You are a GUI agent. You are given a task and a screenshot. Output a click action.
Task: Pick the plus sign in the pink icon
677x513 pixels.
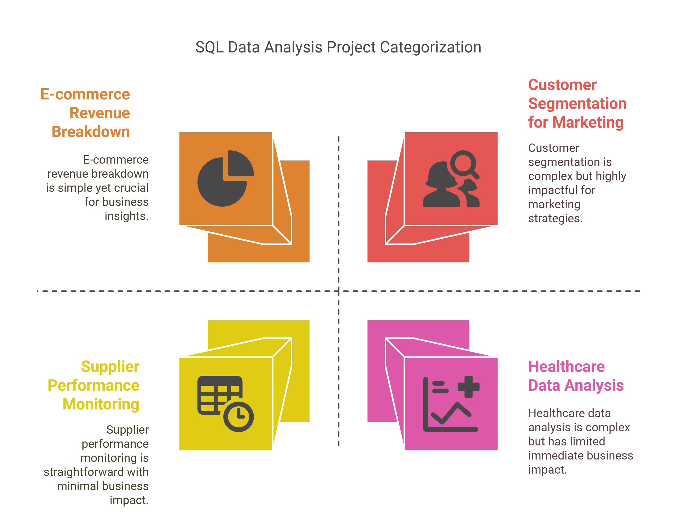click(468, 386)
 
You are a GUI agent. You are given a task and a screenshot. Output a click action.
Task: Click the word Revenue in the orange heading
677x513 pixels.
click(100, 113)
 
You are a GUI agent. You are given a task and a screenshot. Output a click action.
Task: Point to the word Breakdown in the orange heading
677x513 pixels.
click(91, 132)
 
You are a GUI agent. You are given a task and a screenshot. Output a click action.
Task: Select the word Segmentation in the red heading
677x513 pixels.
click(577, 104)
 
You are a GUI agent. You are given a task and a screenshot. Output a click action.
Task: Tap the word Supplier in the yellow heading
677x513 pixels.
click(110, 367)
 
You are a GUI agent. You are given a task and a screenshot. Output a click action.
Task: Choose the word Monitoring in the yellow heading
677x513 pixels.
click(101, 404)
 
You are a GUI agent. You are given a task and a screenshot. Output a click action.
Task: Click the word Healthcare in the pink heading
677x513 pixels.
click(567, 367)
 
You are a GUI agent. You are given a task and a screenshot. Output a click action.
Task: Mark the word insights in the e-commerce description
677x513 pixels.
click(127, 216)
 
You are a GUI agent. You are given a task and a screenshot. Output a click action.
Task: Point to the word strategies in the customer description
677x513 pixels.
click(556, 219)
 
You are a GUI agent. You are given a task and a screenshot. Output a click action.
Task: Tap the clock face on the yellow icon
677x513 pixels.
click(239, 417)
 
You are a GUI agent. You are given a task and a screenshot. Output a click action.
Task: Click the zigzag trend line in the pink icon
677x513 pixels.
click(451, 413)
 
